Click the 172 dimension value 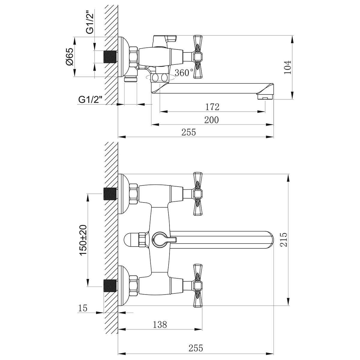click(212, 107)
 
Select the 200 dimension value click(211, 120)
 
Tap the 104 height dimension click(288, 67)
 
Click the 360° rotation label click(184, 73)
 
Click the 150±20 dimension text click(83, 240)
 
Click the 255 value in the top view click(189, 133)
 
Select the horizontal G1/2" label click(90, 100)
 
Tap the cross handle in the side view click(198, 57)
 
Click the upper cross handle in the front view click(198, 194)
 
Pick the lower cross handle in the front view click(198, 286)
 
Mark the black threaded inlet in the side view click(110, 57)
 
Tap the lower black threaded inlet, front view click(110, 286)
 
